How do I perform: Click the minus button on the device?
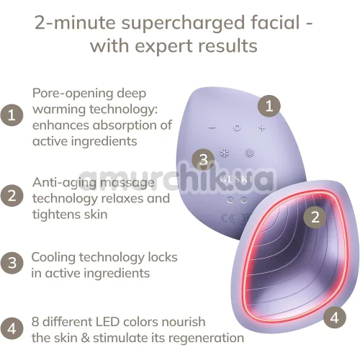pyautogui.click(x=212, y=127)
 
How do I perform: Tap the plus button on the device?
pyautogui.click(x=262, y=127)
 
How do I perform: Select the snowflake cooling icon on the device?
pyautogui.click(x=225, y=153)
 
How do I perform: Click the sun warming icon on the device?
pyautogui.click(x=250, y=153)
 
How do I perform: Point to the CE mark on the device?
pyautogui.click(x=228, y=219)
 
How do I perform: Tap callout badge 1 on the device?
pyautogui.click(x=269, y=106)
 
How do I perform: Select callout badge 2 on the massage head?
pyautogui.click(x=315, y=217)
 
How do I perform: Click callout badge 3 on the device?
pyautogui.click(x=204, y=160)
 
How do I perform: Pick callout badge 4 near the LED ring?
pyautogui.click(x=334, y=318)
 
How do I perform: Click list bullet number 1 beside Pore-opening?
pyautogui.click(x=12, y=115)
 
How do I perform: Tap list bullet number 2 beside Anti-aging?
pyautogui.click(x=12, y=195)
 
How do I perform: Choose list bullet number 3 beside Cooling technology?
pyautogui.click(x=12, y=263)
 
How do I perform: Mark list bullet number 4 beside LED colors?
pyautogui.click(x=12, y=328)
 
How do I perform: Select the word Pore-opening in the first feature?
pyautogui.click(x=73, y=93)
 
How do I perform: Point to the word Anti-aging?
pyautogui.click(x=65, y=183)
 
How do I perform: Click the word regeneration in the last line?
pyautogui.click(x=206, y=338)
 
